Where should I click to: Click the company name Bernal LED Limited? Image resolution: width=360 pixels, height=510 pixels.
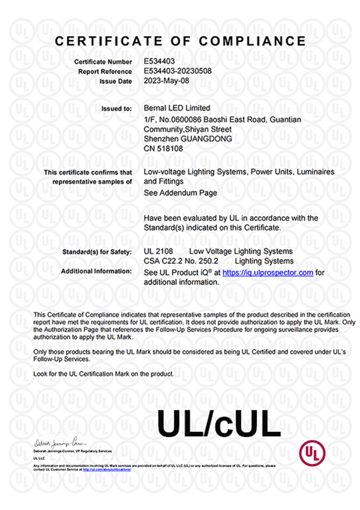(178, 108)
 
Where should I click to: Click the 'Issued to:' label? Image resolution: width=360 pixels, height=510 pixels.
(118, 109)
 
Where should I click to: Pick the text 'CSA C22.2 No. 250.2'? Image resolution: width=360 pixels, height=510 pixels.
(181, 261)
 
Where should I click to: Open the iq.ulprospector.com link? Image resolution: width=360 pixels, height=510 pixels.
(268, 272)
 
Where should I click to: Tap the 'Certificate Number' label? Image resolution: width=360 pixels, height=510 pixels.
(103, 62)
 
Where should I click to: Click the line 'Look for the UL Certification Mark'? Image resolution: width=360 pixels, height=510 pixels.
(104, 373)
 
